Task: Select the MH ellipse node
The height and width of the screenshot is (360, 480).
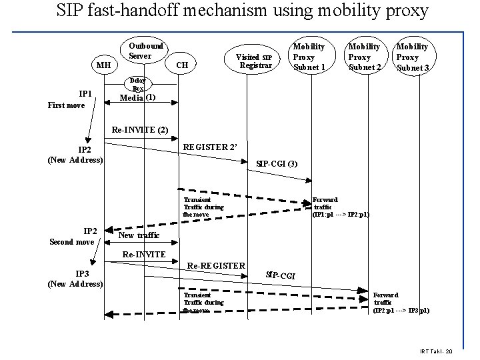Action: tap(103, 65)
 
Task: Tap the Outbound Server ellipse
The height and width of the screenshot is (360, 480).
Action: tap(145, 51)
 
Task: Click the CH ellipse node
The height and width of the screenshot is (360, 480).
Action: tap(182, 65)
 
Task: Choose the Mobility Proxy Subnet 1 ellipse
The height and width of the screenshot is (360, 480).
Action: tap(309, 57)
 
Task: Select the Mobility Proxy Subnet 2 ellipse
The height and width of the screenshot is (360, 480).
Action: tap(364, 57)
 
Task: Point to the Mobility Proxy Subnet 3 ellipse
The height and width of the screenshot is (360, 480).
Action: tap(412, 57)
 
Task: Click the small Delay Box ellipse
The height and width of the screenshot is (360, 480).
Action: tap(138, 85)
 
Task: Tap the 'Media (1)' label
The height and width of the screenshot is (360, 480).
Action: tap(137, 97)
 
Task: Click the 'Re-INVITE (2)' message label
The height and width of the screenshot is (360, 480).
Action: tap(140, 129)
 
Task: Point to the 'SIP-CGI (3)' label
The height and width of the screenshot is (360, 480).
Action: tap(277, 163)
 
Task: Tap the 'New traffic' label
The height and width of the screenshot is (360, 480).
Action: tap(139, 235)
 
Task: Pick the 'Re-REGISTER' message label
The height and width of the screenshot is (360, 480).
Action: tap(217, 265)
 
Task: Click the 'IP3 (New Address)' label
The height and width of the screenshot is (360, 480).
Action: tap(75, 279)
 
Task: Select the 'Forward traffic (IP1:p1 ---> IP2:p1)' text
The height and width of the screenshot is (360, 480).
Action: tap(340, 207)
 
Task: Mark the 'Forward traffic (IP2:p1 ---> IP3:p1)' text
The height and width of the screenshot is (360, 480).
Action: tap(401, 303)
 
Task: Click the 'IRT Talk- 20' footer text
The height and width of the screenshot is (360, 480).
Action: tap(436, 351)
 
